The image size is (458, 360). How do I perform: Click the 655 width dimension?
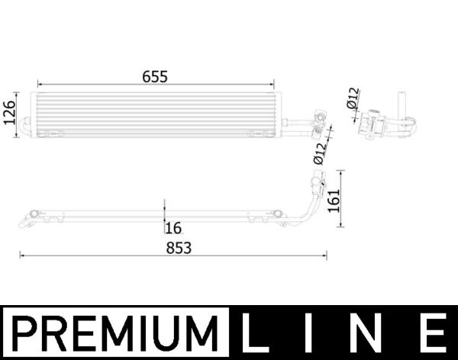click(x=153, y=76)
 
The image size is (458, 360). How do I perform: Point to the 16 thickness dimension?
click(x=174, y=227)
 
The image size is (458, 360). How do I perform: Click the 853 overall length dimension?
click(x=177, y=248)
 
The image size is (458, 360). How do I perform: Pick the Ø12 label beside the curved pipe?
click(x=319, y=152)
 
